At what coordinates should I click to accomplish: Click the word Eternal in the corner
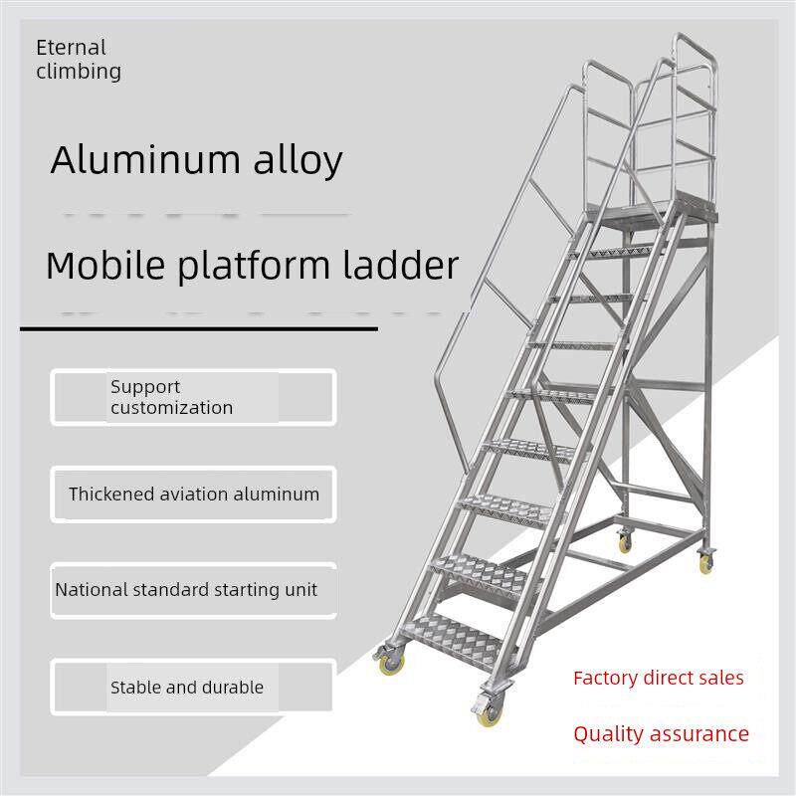pyautogui.click(x=71, y=48)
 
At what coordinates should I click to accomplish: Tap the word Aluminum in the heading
pyautogui.click(x=145, y=160)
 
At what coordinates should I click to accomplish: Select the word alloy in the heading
pyautogui.click(x=298, y=162)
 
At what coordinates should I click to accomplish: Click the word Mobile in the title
pyautogui.click(x=105, y=265)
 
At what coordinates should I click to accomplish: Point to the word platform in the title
pyautogui.click(x=254, y=267)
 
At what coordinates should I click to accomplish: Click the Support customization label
pyautogui.click(x=171, y=397)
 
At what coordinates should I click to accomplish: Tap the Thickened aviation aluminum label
pyautogui.click(x=194, y=494)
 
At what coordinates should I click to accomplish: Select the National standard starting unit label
pyautogui.click(x=186, y=590)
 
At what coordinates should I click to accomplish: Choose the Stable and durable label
pyautogui.click(x=187, y=688)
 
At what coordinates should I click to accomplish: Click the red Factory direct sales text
pyautogui.click(x=659, y=679)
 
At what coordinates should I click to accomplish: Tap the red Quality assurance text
pyautogui.click(x=661, y=734)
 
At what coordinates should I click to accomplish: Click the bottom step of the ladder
pyautogui.click(x=455, y=639)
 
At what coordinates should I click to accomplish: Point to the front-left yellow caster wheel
pyautogui.click(x=391, y=664)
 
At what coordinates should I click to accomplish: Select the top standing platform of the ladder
pyautogui.click(x=653, y=212)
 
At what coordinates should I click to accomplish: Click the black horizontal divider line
pyautogui.click(x=199, y=329)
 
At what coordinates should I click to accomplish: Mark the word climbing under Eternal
pyautogui.click(x=79, y=72)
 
